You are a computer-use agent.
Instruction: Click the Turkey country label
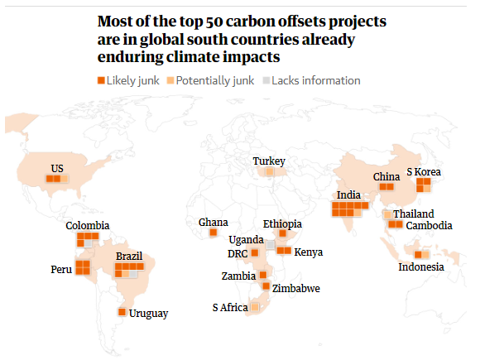pyautogui.click(x=269, y=161)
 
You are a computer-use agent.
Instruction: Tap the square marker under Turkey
pyautogui.click(x=269, y=171)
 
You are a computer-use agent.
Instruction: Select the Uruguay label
pyautogui.click(x=148, y=314)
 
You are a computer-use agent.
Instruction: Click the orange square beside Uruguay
pyautogui.click(x=122, y=312)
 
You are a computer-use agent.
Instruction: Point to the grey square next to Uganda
pyautogui.click(x=271, y=245)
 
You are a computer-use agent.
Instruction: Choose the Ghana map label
pyautogui.click(x=214, y=222)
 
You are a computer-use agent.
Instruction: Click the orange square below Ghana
pyautogui.click(x=214, y=232)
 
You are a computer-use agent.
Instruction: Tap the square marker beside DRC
pyautogui.click(x=255, y=252)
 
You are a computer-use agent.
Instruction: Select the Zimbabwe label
pyautogui.click(x=296, y=288)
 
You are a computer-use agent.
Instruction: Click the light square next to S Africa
pyautogui.click(x=255, y=307)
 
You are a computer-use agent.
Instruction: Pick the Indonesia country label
pyautogui.click(x=421, y=266)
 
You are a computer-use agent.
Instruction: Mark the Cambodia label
pyautogui.click(x=430, y=226)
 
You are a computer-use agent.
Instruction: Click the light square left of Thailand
pyautogui.click(x=387, y=214)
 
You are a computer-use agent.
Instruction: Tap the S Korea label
pyautogui.click(x=424, y=172)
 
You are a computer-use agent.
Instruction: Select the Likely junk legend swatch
pyautogui.click(x=101, y=80)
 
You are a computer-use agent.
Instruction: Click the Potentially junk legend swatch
pyautogui.click(x=170, y=80)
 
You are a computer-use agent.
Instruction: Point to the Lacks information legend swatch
pyautogui.click(x=266, y=80)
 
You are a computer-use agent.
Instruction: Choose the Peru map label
pyautogui.click(x=61, y=269)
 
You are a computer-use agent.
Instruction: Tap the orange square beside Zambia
pyautogui.click(x=263, y=275)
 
